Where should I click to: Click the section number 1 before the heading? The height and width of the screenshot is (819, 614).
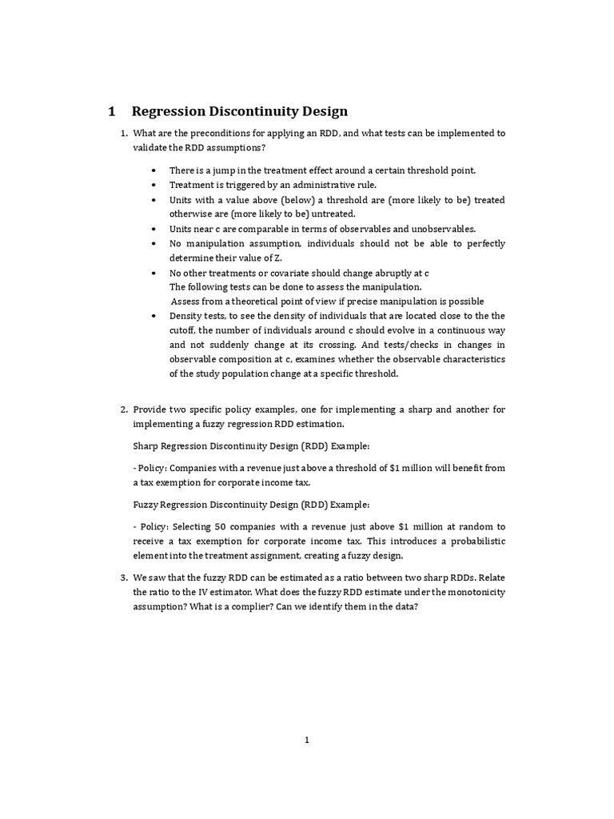point(113,111)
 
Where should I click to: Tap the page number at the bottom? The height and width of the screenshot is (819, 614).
point(306,740)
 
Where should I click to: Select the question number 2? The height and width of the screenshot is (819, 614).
point(122,409)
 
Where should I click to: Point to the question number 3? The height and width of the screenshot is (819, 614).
point(122,577)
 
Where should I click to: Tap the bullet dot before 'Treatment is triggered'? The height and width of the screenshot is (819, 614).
point(153,185)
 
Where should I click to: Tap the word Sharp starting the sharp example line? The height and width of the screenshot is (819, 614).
point(147,445)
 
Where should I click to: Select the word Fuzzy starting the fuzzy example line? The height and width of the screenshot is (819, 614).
point(147,505)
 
